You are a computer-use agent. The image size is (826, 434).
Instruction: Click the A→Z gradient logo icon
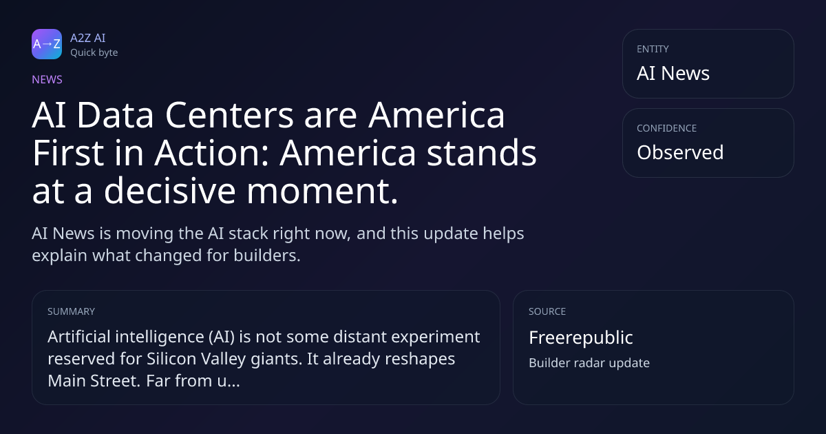(47, 44)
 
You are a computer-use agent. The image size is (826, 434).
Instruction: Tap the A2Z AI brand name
(88, 38)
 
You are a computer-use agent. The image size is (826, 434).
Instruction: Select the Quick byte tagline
(94, 53)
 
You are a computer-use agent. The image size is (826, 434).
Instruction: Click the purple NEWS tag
(47, 79)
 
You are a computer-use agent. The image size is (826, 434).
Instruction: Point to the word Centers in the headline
(229, 115)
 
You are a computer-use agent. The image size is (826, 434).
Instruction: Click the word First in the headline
(68, 153)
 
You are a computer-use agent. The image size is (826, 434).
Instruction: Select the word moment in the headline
(322, 192)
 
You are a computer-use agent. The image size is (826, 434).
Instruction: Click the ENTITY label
(653, 49)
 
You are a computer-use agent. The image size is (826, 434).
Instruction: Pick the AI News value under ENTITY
(673, 73)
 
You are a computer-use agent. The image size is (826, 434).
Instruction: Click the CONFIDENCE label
(667, 128)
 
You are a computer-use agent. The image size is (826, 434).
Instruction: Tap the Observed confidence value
(680, 152)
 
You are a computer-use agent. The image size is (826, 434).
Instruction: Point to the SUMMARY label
(71, 311)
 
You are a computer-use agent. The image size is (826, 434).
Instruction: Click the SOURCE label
(547, 311)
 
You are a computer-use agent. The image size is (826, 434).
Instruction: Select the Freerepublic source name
(581, 338)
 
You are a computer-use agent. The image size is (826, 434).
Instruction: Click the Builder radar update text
(589, 363)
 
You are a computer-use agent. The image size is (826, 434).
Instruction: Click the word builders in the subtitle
(267, 256)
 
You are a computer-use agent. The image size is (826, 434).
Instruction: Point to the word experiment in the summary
(436, 338)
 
